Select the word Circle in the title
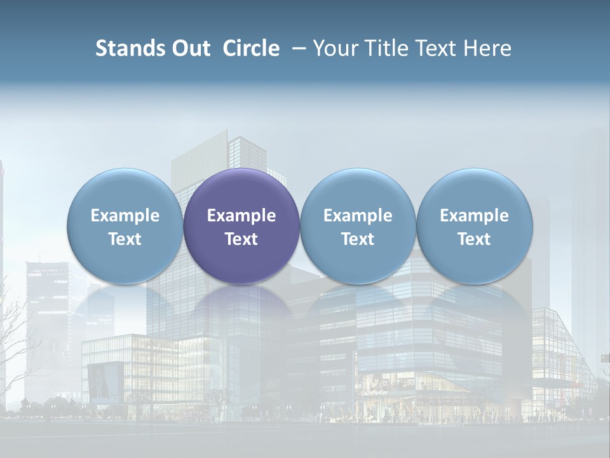[x=251, y=48]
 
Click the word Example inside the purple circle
[x=241, y=216]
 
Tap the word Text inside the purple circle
[x=241, y=239]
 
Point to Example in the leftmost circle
[x=125, y=216]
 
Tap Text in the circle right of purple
[x=358, y=239]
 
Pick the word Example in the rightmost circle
[x=474, y=216]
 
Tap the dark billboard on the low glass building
[x=105, y=382]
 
